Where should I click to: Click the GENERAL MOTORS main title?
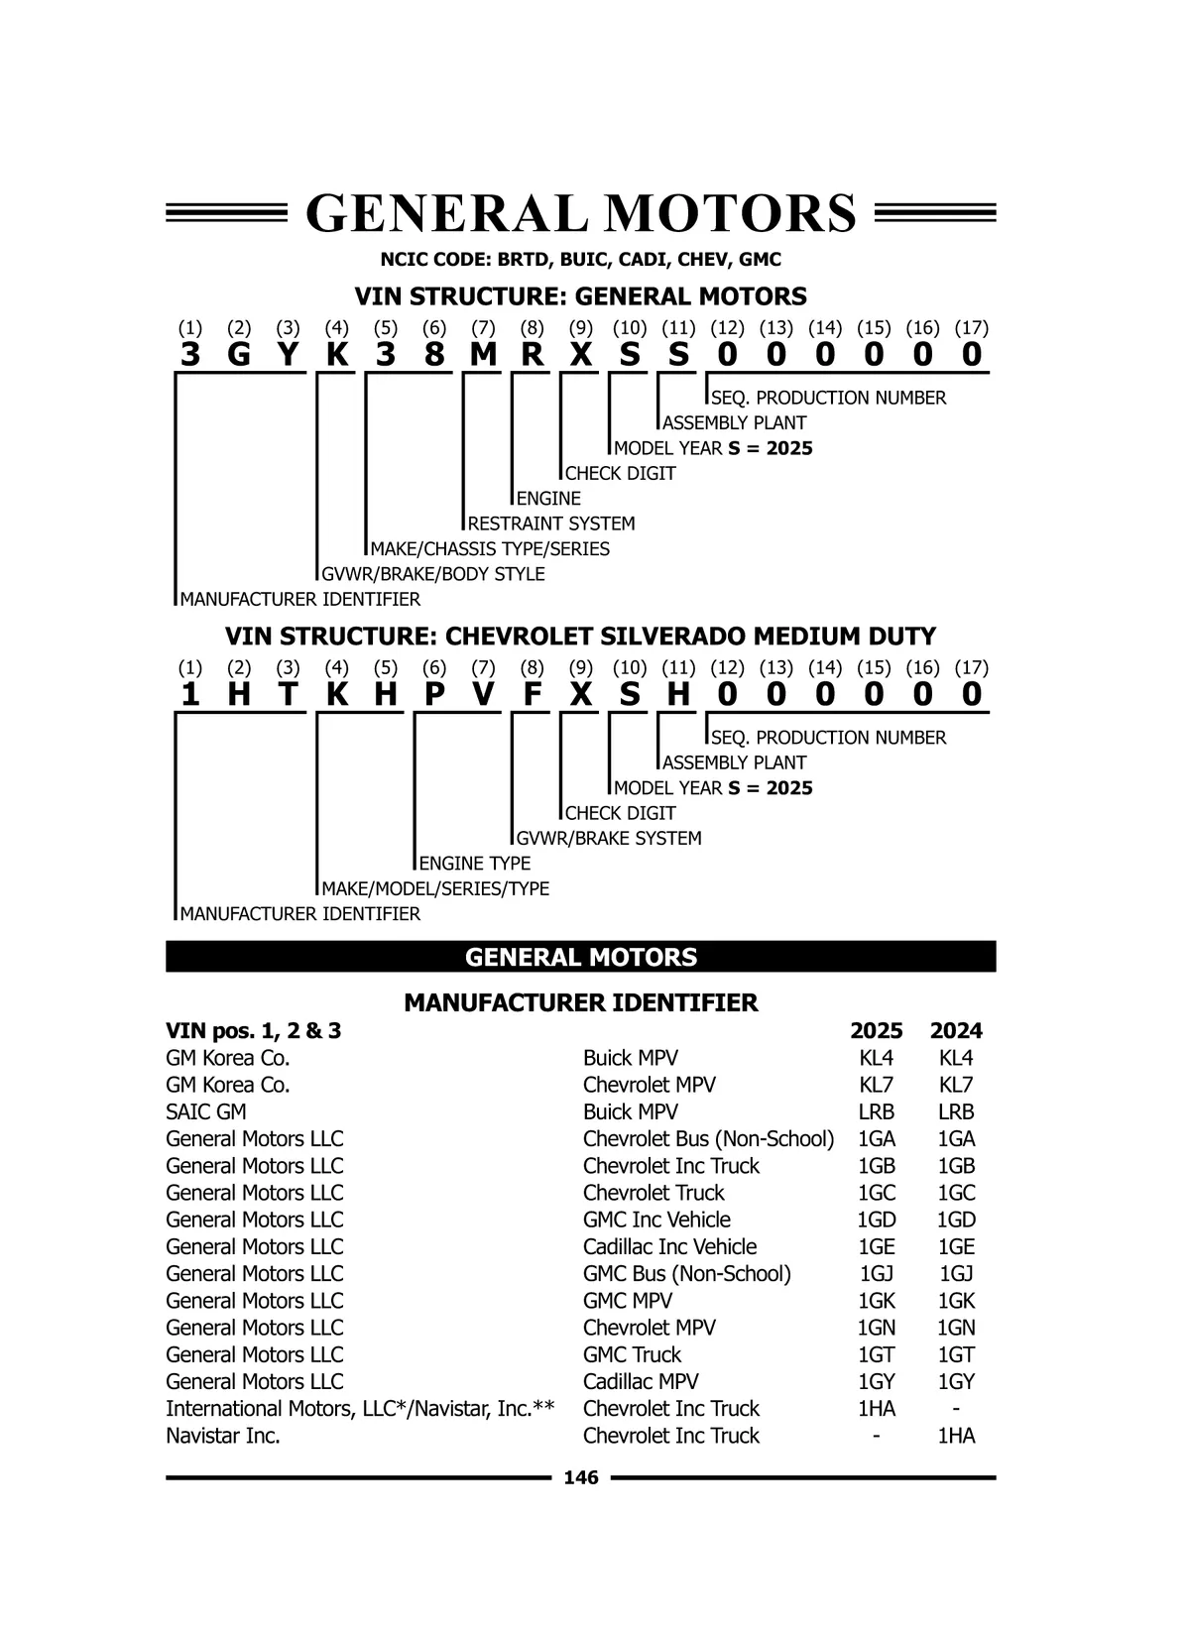[581, 213]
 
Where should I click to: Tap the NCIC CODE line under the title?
[581, 260]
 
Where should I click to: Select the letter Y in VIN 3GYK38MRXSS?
[288, 354]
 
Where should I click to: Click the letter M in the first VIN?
[483, 354]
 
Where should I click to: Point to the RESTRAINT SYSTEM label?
[551, 524]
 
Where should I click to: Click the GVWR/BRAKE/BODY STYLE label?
[433, 574]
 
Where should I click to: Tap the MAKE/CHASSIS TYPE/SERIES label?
[490, 549]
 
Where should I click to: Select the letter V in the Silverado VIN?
[483, 694]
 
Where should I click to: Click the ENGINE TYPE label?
[475, 864]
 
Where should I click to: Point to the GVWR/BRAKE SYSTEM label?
[609, 839]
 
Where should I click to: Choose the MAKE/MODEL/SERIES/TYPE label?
[435, 889]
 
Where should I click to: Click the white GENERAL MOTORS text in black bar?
[581, 958]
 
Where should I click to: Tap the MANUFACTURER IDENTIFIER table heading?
[581, 1003]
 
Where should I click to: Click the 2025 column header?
[877, 1031]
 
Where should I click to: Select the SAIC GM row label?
[206, 1112]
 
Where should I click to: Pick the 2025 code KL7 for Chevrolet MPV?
[877, 1086]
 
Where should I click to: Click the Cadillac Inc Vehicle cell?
[669, 1247]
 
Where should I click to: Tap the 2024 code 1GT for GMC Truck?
[956, 1355]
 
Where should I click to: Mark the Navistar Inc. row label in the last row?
[223, 1436]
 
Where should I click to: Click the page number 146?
[581, 1478]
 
